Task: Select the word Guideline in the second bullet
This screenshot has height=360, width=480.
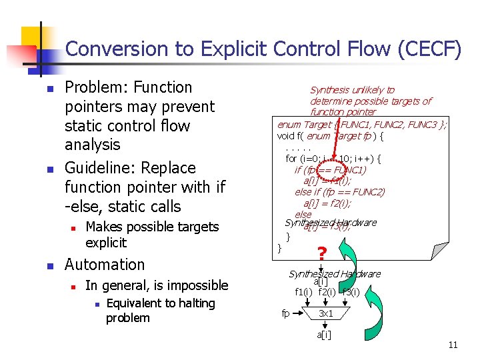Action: point(98,168)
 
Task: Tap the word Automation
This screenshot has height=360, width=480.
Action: point(104,265)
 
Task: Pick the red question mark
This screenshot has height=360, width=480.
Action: point(322,253)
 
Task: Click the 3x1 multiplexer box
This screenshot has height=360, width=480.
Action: point(326,313)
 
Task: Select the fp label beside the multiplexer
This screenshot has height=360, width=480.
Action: point(285,313)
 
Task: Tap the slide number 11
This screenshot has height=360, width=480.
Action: point(453,345)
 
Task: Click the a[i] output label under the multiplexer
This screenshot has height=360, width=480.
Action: point(324,334)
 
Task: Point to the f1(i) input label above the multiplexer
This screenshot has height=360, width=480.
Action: point(304,292)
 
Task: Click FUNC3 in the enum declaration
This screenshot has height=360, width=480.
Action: point(418,125)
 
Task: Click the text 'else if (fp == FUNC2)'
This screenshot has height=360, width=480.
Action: point(340,192)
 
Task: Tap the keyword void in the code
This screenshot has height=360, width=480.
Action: point(286,137)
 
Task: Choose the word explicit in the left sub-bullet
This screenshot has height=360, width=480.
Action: point(106,242)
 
